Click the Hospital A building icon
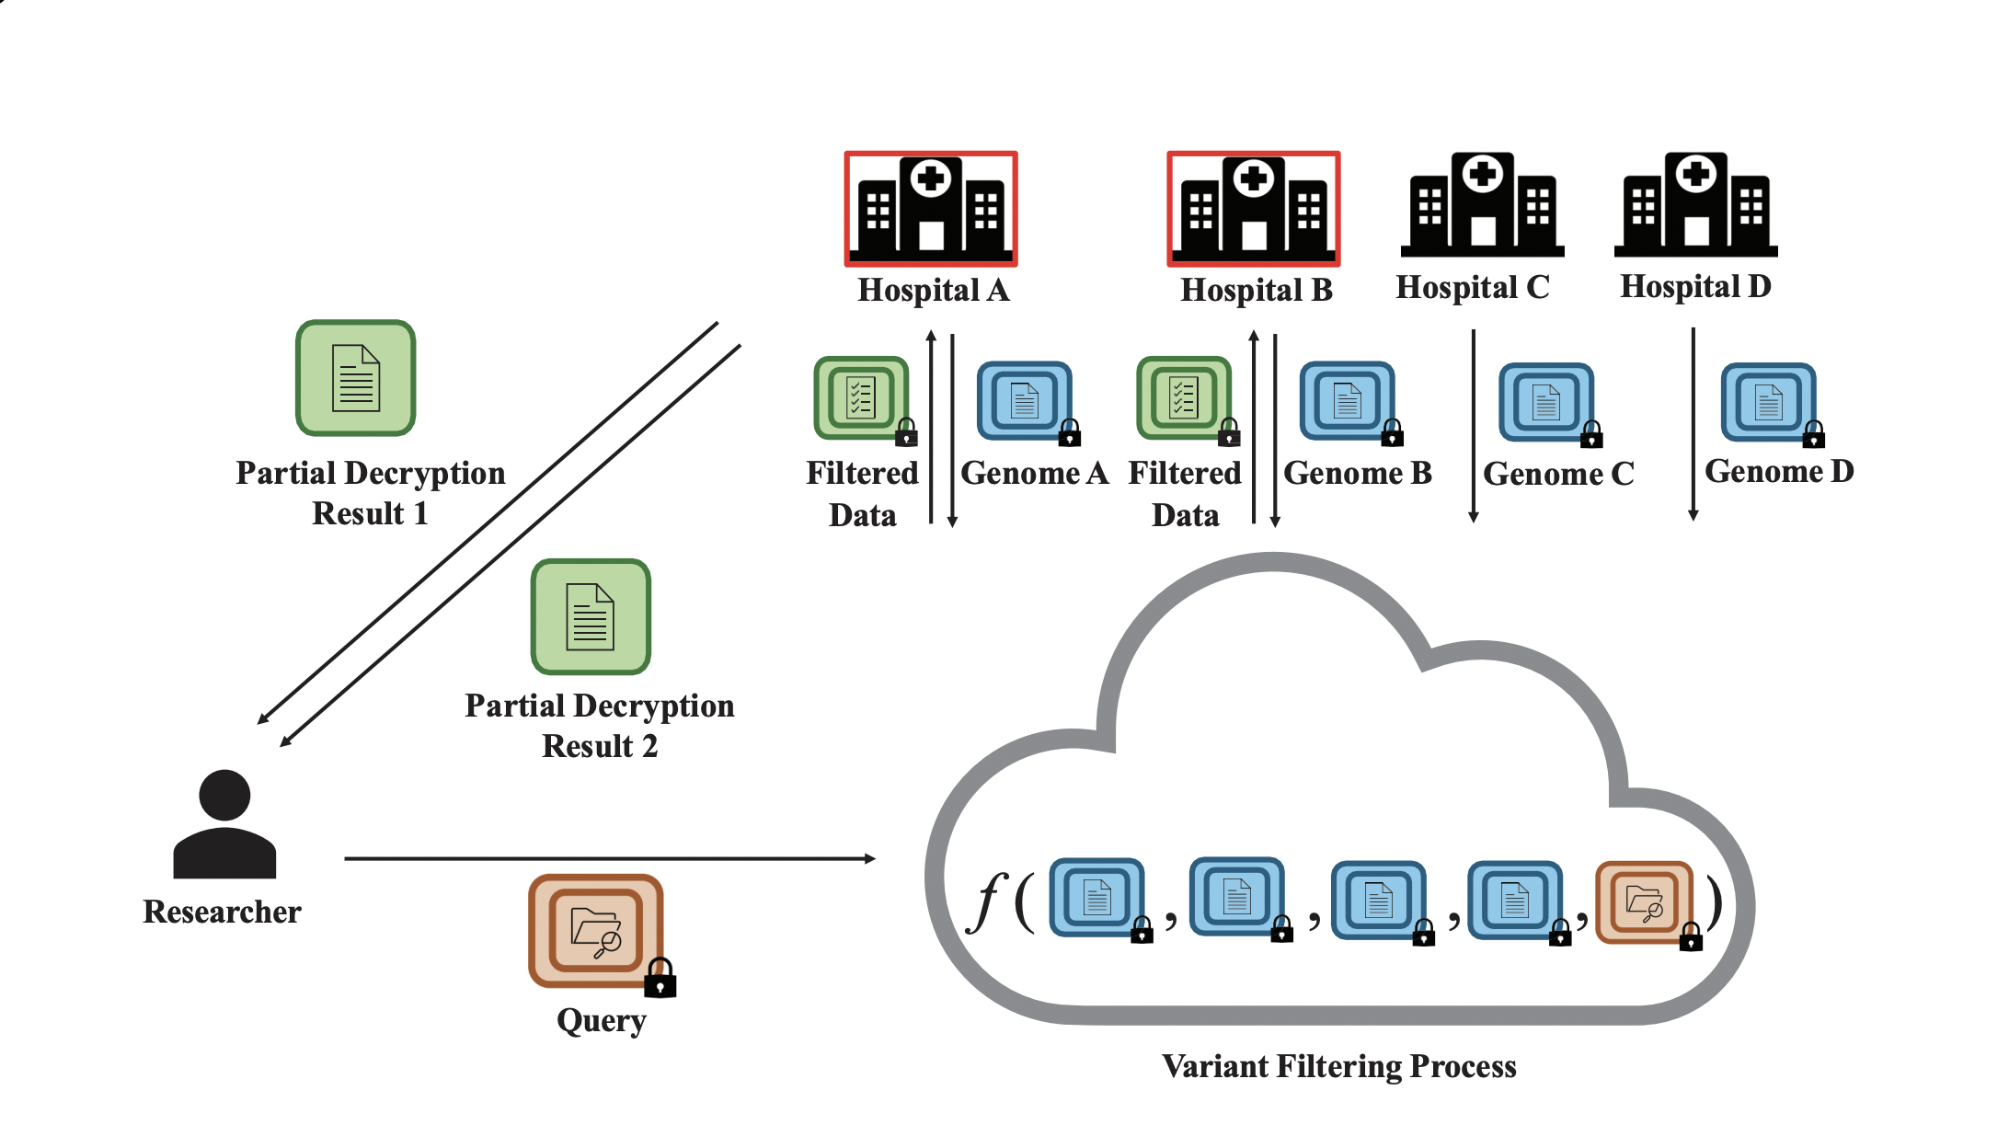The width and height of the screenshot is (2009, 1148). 931,208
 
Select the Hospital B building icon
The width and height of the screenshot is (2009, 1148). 1254,208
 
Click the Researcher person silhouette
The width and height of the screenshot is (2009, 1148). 224,824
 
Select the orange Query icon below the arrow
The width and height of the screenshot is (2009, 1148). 595,930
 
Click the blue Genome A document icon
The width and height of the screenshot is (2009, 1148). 1024,400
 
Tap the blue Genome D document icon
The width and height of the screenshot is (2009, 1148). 1768,401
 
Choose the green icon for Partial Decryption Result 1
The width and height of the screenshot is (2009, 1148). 356,378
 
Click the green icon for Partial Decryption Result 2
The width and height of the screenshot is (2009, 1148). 591,616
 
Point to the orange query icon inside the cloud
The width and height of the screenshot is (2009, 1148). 1644,901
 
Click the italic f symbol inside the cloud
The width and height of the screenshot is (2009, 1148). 986,901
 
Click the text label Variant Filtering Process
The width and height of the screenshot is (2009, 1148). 1338,1066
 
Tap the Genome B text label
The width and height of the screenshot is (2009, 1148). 1358,473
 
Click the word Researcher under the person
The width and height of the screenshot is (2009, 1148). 222,912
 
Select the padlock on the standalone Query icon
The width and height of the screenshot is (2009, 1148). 660,979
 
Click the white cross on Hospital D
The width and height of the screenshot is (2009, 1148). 1696,173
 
